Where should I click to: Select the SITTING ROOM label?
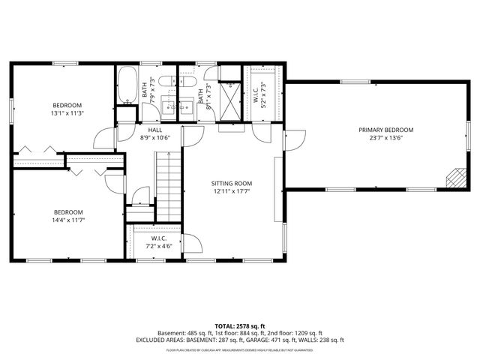pyautogui.click(x=230, y=184)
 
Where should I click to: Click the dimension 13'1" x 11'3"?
pyautogui.click(x=67, y=113)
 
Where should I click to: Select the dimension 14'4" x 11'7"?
pyautogui.click(x=67, y=220)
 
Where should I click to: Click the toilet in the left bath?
pyautogui.click(x=167, y=79)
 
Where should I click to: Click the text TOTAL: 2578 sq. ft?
pyautogui.click(x=239, y=325)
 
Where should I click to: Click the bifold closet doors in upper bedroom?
pyautogui.click(x=37, y=150)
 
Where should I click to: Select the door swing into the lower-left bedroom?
pyautogui.click(x=114, y=184)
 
